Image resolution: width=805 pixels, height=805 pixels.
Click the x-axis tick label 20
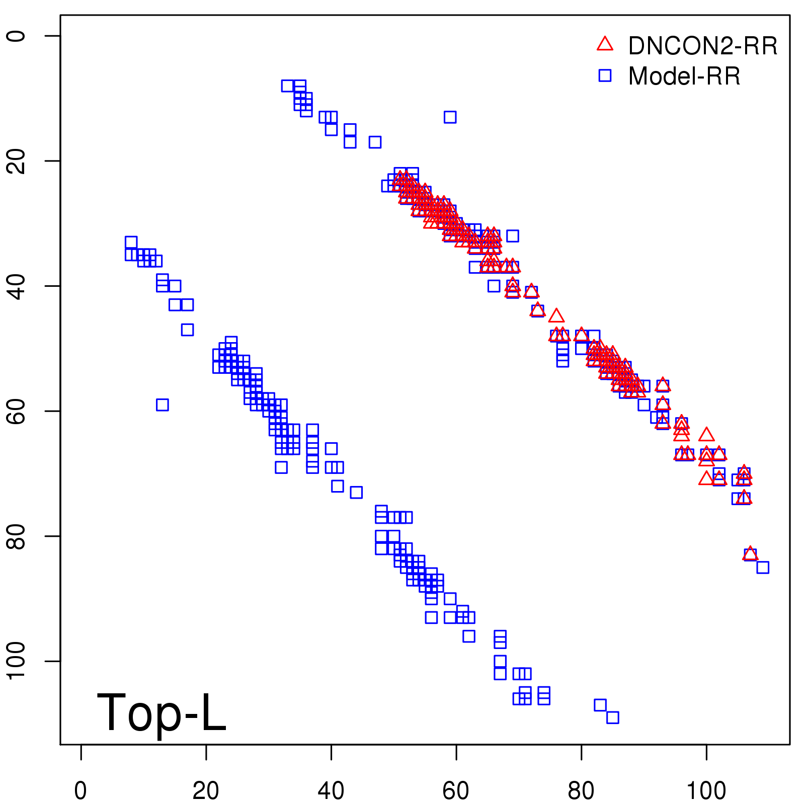206,791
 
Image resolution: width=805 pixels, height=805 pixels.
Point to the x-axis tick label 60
456,791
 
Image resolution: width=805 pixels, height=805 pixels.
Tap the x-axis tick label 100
706,791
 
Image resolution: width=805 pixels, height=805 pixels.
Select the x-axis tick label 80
581,791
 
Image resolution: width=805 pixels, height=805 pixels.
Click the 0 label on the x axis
80,791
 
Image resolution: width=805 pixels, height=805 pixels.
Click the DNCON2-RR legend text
702,46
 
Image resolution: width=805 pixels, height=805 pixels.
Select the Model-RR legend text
684,76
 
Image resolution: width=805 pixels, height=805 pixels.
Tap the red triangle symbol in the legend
605,44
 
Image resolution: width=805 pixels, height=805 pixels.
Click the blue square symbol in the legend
605,75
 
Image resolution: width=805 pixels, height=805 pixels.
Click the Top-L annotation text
161,712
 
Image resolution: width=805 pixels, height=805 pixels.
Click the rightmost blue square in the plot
763,567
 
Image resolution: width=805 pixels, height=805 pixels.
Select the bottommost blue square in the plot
612,717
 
